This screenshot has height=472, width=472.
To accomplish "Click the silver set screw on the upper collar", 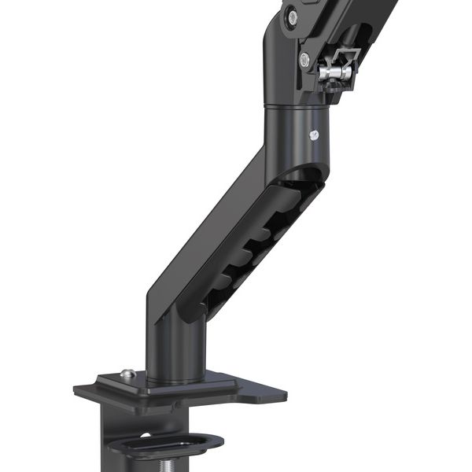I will click(x=315, y=135).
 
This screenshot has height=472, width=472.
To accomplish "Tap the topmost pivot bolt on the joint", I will click(x=293, y=15).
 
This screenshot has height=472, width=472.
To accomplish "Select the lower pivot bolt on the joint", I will click(x=304, y=57).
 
